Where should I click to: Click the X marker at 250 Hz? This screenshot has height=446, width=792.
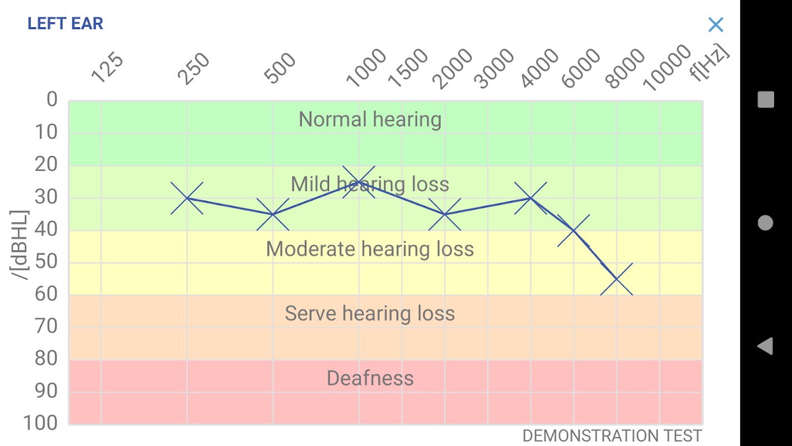coord(187,198)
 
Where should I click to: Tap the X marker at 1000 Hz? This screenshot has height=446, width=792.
coord(359,182)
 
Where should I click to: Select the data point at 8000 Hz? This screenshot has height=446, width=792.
coord(617,279)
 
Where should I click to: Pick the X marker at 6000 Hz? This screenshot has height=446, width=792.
coord(574,230)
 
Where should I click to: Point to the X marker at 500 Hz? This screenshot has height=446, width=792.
coord(273,214)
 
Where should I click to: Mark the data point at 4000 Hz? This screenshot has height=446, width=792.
coord(531,198)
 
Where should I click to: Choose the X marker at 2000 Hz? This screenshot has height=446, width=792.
coord(444,214)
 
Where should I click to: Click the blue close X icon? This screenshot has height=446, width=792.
coord(716,25)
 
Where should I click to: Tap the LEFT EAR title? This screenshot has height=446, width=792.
coord(65,23)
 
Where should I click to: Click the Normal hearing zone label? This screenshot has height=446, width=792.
coord(370,119)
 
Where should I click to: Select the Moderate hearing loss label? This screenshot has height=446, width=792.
coord(370,249)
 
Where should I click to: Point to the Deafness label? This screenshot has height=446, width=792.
coord(370,378)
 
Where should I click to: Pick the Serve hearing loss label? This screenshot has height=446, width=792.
coord(370,313)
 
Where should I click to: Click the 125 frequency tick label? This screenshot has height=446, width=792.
coord(107,68)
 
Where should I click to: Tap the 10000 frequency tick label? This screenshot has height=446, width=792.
coord(667,68)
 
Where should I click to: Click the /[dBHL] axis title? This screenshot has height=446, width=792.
coord(20,245)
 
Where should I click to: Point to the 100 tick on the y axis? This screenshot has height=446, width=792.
coord(40,423)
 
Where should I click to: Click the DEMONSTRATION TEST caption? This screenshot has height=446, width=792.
coord(612,435)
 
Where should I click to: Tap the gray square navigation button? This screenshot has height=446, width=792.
coord(766,100)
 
